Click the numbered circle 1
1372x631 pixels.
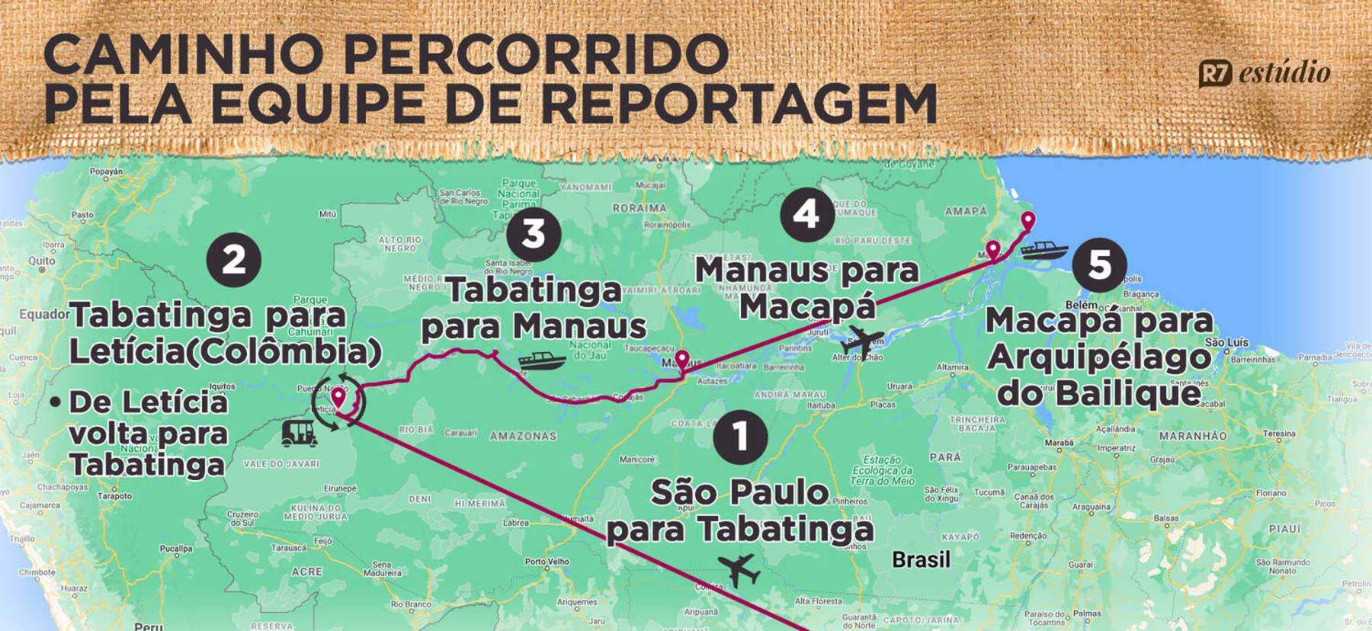[740, 437]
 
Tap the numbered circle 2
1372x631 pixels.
[234, 260]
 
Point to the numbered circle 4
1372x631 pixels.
[807, 214]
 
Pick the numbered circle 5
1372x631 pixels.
[1099, 264]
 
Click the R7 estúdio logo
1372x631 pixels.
[1265, 73]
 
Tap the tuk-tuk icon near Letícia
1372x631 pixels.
[300, 433]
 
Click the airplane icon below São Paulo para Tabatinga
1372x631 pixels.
[738, 569]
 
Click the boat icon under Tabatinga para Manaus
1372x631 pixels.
[542, 360]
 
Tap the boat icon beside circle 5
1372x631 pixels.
[1043, 250]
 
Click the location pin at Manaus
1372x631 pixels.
[682, 360]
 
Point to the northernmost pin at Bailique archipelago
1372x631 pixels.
[1028, 221]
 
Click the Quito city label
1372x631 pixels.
[42, 261]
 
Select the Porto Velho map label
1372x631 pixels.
[547, 562]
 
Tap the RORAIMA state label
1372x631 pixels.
[640, 208]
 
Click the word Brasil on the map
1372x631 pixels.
[921, 560]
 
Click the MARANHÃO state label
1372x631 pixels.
[1193, 436]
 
